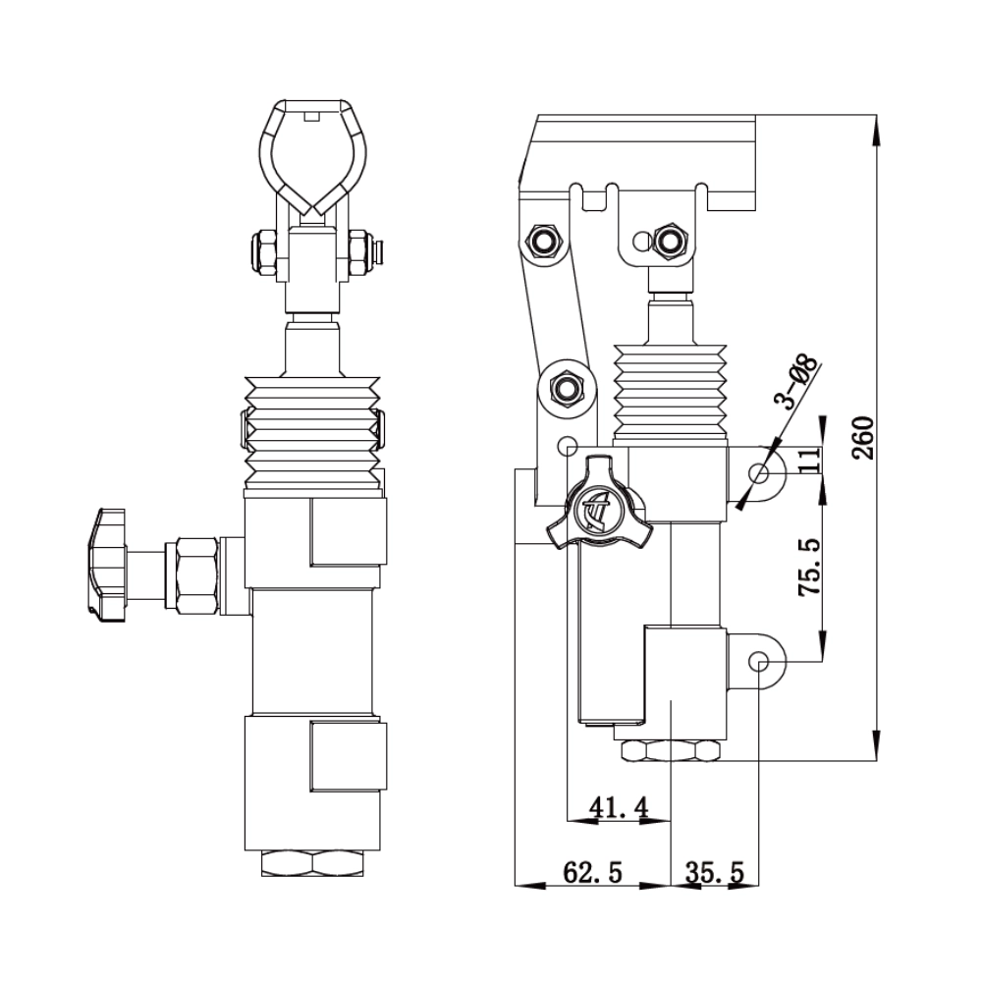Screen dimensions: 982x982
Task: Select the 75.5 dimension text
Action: click(809, 568)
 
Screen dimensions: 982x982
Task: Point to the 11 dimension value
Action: click(809, 461)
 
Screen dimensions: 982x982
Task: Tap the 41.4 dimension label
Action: click(618, 807)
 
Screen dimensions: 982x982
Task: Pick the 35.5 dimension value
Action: click(714, 872)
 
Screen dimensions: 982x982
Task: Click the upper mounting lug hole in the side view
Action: click(759, 474)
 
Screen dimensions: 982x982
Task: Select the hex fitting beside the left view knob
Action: click(193, 574)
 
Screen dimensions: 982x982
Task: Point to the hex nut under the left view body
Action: click(313, 863)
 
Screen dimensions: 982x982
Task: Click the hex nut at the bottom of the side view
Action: click(672, 751)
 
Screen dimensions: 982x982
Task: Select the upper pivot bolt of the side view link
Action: click(543, 239)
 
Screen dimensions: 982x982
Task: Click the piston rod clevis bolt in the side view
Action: click(672, 239)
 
